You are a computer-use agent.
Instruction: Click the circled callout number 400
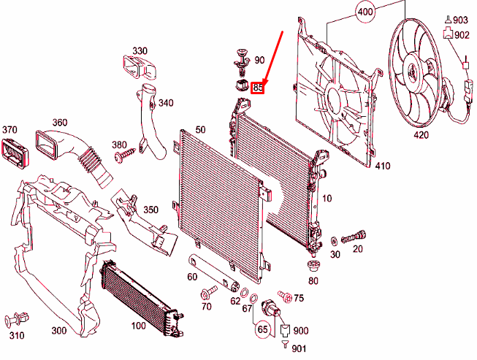point(365,12)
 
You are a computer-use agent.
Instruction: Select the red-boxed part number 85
point(257,88)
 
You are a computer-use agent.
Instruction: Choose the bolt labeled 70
point(206,294)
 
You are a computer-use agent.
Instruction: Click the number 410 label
point(382,166)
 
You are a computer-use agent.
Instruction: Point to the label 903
point(459,20)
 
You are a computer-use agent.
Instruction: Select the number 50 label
point(200,129)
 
